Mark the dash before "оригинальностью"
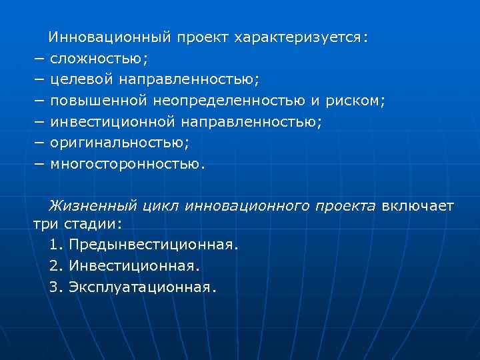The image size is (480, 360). (x=39, y=143)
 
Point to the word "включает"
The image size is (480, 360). (x=418, y=206)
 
